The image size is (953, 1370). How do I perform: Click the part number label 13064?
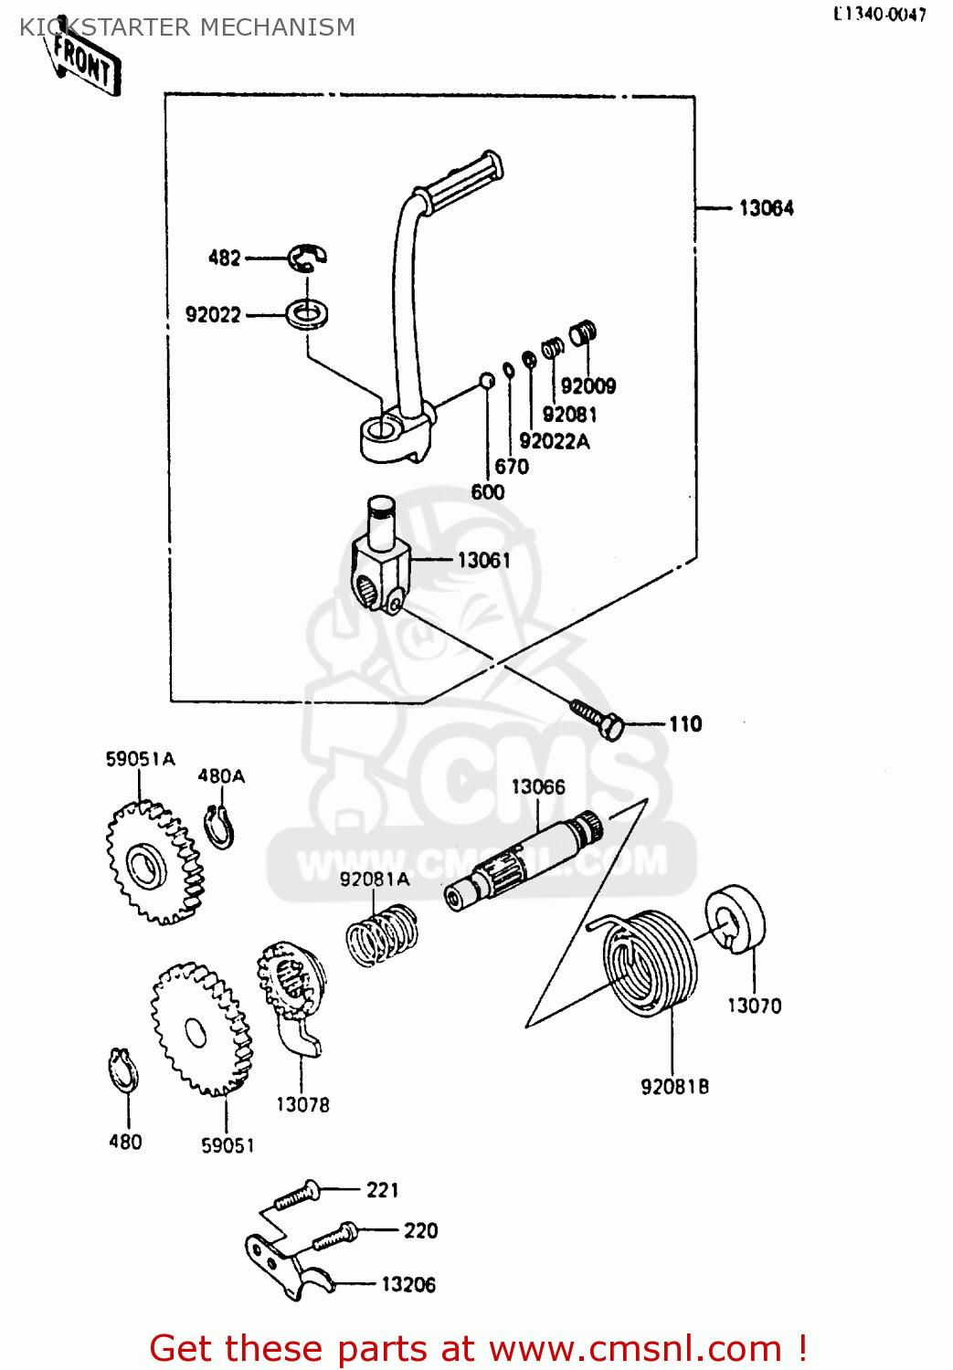pyautogui.click(x=766, y=208)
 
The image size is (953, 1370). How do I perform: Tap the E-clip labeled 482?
pyautogui.click(x=307, y=258)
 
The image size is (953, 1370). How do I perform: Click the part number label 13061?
pyautogui.click(x=483, y=560)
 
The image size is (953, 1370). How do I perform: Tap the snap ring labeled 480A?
pyautogui.click(x=220, y=827)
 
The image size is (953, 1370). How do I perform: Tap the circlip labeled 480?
pyautogui.click(x=123, y=1070)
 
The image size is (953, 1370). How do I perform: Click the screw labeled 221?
pyautogui.click(x=296, y=1196)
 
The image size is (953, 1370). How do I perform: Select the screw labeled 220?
pyautogui.click(x=334, y=1237)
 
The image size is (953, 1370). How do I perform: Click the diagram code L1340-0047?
pyautogui.click(x=879, y=14)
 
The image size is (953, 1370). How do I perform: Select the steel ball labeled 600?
pyautogui.click(x=488, y=380)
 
